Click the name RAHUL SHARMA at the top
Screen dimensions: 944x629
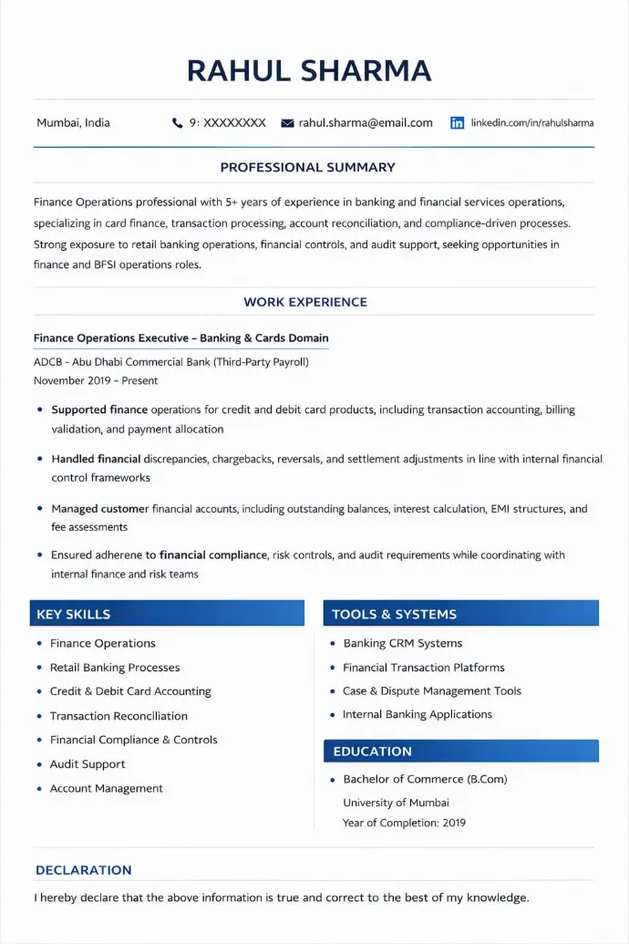point(309,70)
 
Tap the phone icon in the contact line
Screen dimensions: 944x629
point(177,122)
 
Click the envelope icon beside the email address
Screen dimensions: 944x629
point(287,123)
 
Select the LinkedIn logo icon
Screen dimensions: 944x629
point(458,122)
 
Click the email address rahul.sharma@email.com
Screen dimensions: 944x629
point(366,122)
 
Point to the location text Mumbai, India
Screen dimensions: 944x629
point(73,122)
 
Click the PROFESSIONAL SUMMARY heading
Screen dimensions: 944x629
point(308,167)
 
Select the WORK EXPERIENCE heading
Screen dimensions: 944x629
point(305,302)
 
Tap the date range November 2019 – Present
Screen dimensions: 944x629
point(96,380)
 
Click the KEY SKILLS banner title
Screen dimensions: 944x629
point(74,614)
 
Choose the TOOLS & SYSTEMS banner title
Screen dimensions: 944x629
point(394,614)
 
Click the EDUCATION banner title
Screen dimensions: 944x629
point(372,751)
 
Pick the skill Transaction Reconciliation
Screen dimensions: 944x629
point(119,716)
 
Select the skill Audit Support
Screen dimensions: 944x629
point(88,764)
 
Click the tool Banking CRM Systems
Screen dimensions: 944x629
point(402,643)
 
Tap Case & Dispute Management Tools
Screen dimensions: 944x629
point(432,690)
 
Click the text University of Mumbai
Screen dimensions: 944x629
point(396,803)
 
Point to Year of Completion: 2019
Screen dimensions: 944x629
point(404,823)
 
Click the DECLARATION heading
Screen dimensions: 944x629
point(83,870)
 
